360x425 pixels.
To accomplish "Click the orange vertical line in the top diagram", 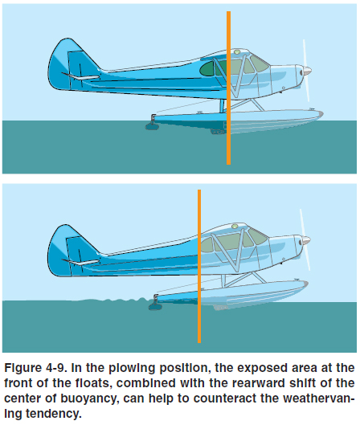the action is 228,88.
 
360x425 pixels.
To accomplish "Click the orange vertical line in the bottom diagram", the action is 199,266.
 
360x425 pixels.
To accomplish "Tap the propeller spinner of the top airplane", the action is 307,71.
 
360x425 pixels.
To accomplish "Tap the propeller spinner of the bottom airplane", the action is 306,240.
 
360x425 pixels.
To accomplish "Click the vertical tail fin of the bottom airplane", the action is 70,250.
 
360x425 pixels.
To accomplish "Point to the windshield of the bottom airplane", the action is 258,235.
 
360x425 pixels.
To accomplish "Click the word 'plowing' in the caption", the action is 132,369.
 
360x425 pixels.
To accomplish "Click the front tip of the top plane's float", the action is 323,114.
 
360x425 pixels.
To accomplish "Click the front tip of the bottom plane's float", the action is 308,284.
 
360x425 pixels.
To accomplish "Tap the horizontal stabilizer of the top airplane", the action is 80,77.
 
